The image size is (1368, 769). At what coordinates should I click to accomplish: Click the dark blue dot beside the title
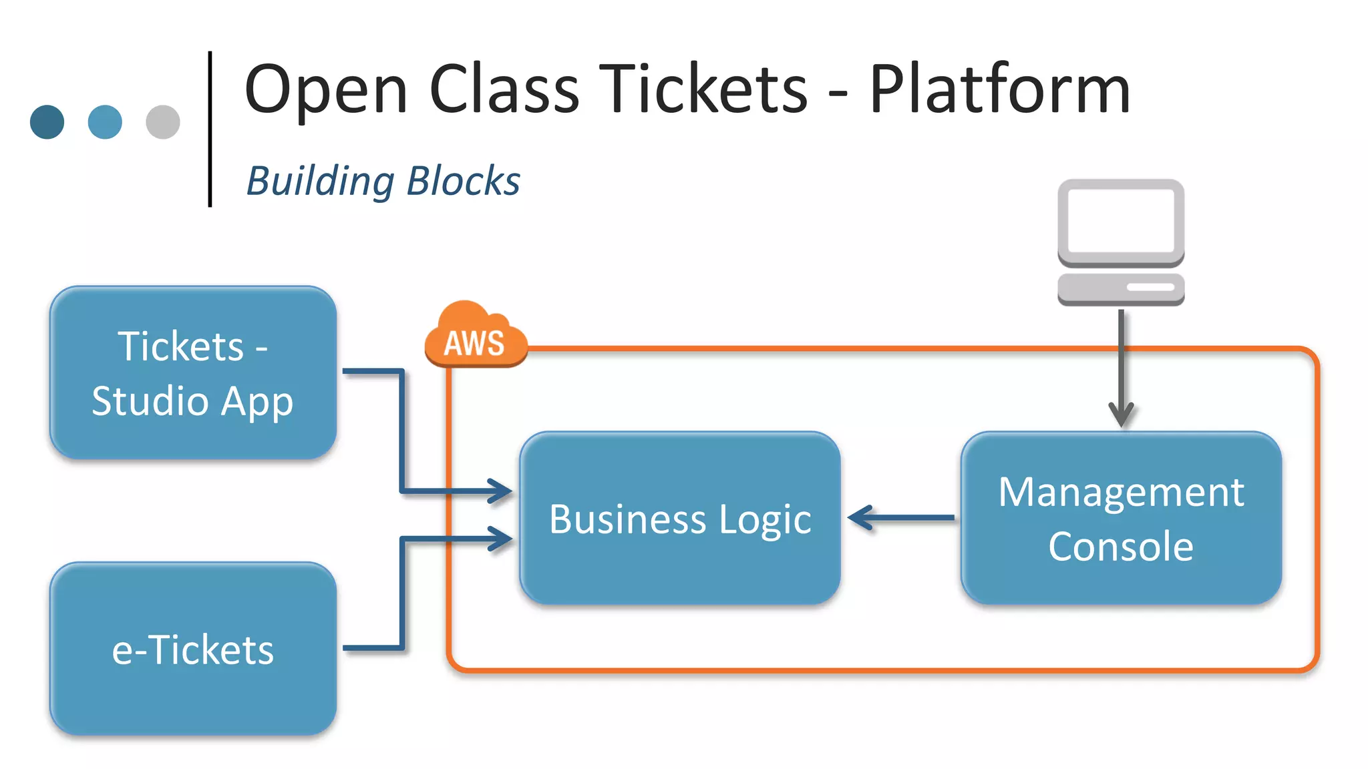(x=47, y=122)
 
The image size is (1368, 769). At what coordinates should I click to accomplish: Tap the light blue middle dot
(x=105, y=122)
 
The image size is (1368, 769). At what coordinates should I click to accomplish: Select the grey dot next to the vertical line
(x=163, y=122)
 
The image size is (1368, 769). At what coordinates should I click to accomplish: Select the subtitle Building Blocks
(x=383, y=181)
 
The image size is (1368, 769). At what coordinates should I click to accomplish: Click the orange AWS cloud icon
(x=475, y=336)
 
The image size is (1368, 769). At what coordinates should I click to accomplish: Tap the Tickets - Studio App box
(x=193, y=372)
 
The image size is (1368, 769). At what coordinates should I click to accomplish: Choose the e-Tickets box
(x=193, y=649)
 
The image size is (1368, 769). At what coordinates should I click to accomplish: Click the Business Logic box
(x=680, y=518)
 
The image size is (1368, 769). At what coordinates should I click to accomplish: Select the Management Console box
(x=1121, y=518)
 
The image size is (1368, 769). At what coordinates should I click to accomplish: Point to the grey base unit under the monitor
(x=1121, y=288)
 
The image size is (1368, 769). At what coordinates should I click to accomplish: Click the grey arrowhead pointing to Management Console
(x=1121, y=414)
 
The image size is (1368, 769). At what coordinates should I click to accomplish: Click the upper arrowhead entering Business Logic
(x=501, y=491)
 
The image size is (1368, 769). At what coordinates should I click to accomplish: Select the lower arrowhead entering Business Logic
(x=501, y=539)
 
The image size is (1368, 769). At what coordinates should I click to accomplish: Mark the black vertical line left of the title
(x=210, y=129)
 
